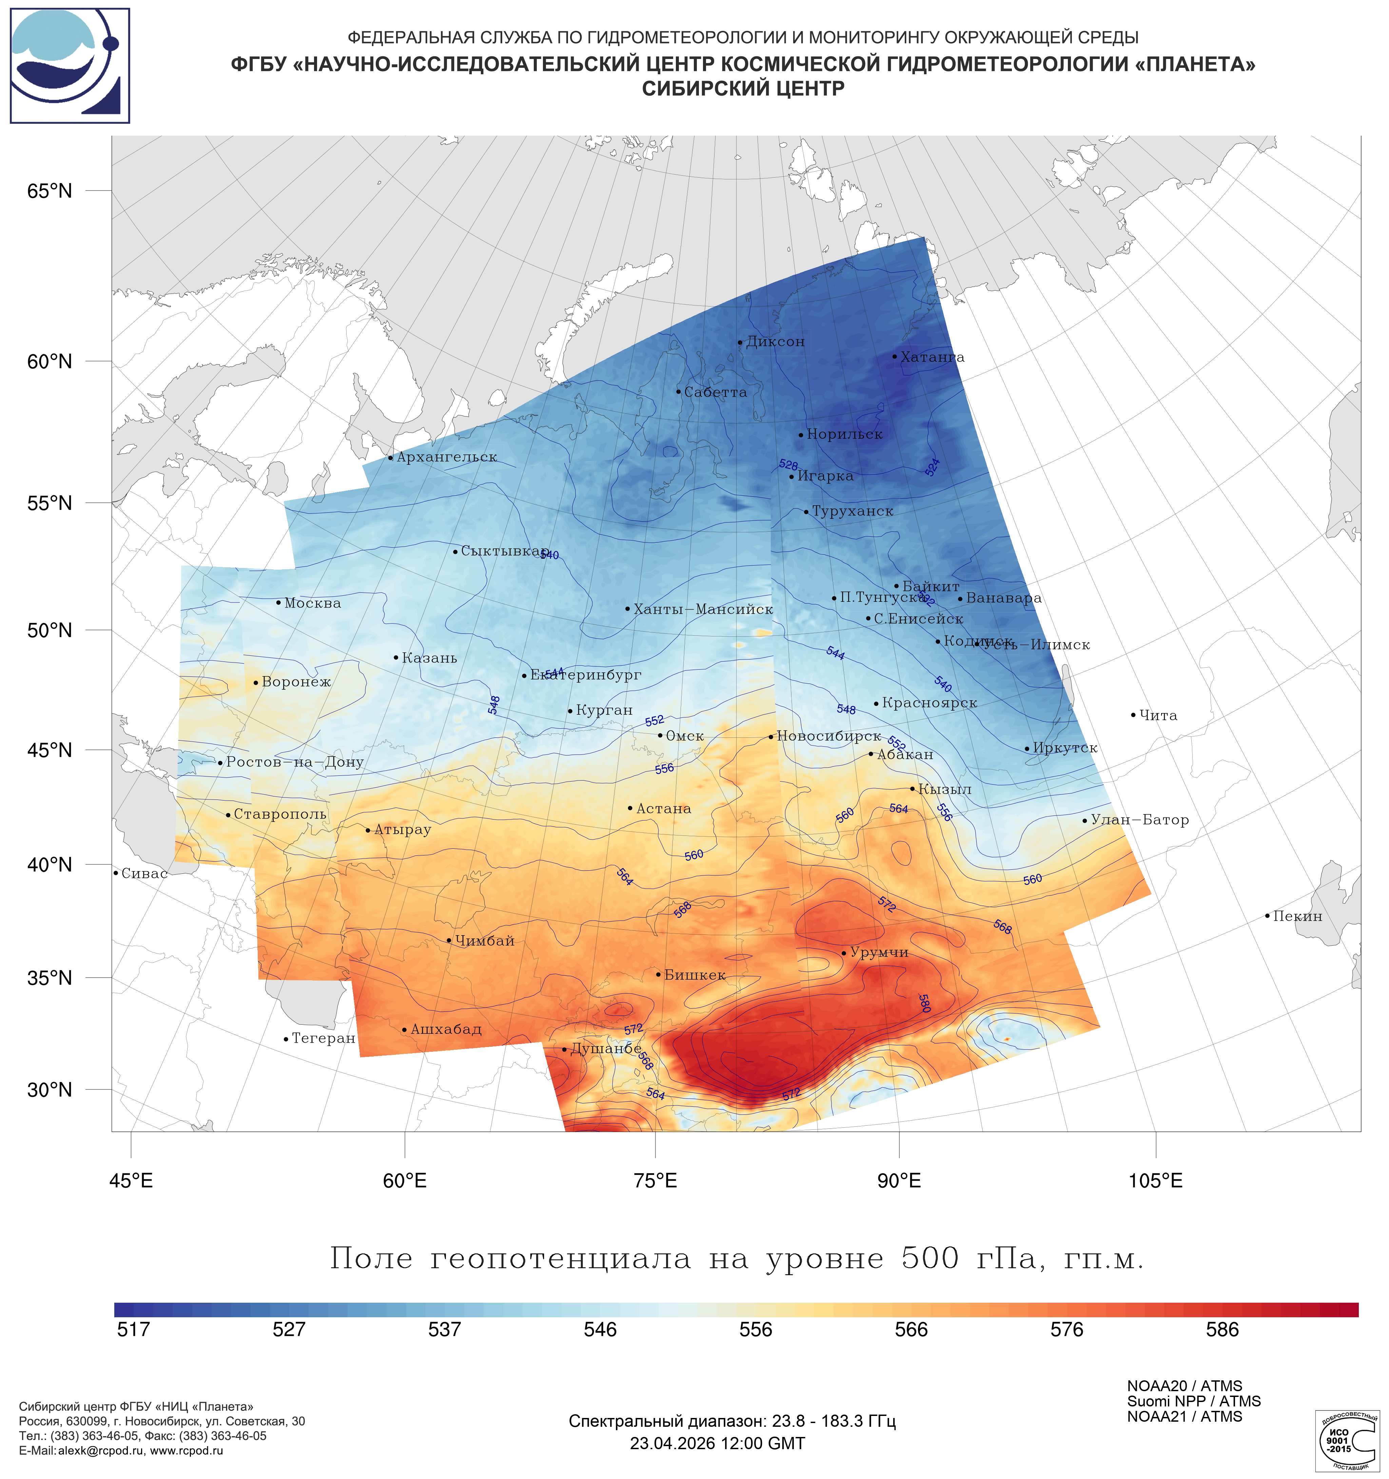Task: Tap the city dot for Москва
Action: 278,603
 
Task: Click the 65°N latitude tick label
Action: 50,191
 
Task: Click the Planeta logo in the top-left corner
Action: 70,65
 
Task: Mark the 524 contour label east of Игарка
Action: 932,467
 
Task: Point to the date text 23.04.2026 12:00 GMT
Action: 717,1443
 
